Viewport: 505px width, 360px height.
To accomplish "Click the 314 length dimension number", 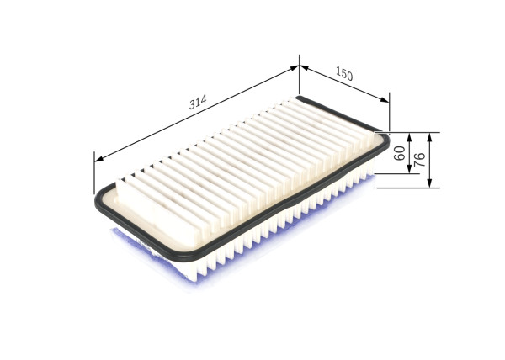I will [x=198, y=103].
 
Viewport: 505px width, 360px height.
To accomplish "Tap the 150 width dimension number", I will [x=343, y=74].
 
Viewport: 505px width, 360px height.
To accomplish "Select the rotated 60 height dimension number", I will [x=400, y=153].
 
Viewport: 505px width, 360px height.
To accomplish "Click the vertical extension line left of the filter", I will [x=94, y=172].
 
